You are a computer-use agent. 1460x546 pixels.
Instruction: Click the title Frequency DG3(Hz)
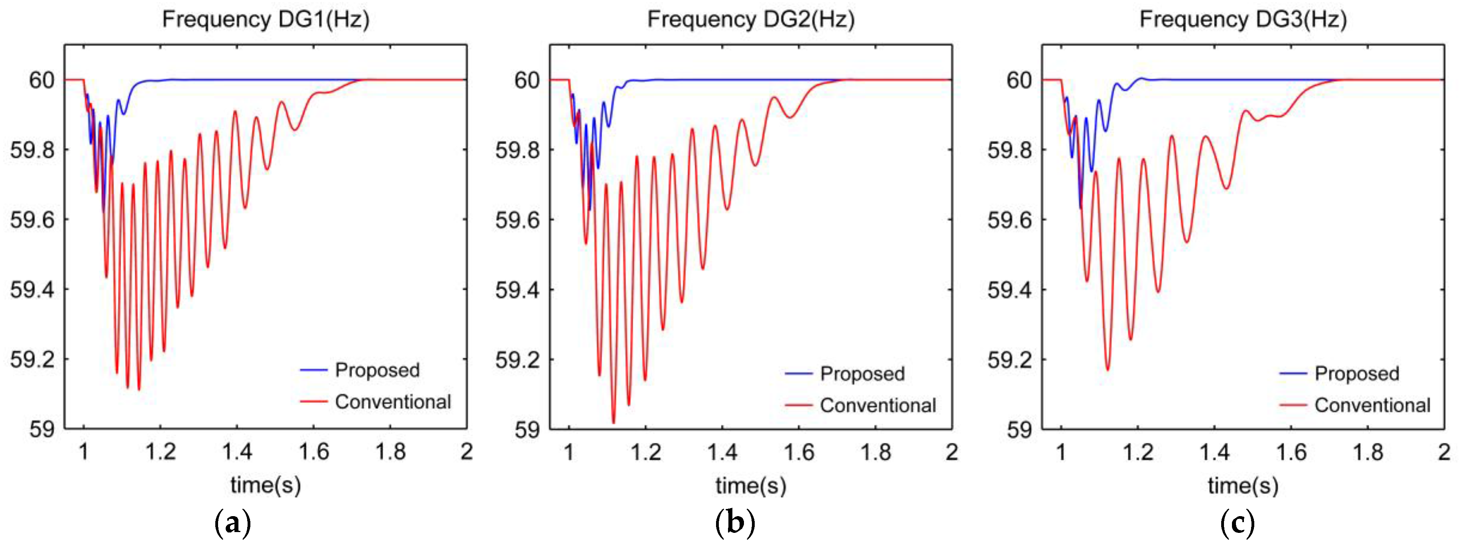pos(1243,19)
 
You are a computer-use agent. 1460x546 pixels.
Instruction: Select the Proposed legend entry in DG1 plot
pos(377,370)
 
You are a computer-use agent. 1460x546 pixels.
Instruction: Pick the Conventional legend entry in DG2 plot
pos(878,405)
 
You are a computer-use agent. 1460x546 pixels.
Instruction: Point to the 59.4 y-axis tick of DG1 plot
pos(32,290)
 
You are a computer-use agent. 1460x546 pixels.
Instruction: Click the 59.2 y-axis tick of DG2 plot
pos(517,360)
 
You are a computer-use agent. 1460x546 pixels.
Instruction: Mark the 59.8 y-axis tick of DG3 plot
pos(1009,150)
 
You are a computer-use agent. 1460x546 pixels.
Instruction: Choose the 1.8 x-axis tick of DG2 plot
pos(875,452)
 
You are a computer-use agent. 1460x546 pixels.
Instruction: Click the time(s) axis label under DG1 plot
pos(265,485)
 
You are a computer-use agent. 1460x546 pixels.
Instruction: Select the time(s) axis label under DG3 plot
pos(1243,485)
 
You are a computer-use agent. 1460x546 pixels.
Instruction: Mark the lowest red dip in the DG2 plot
pos(613,422)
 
